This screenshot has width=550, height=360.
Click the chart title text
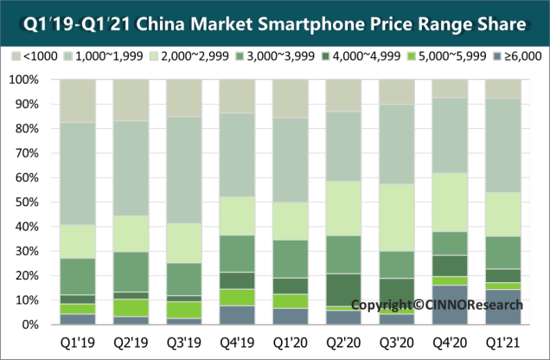click(274, 19)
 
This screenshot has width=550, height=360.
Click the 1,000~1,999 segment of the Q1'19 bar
click(77, 173)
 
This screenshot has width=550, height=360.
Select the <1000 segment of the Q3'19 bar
click(183, 98)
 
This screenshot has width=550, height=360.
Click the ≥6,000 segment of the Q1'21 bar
click(502, 307)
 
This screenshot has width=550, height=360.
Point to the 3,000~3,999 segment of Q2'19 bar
click(131, 271)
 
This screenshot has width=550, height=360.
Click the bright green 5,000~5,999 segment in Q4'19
click(237, 297)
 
